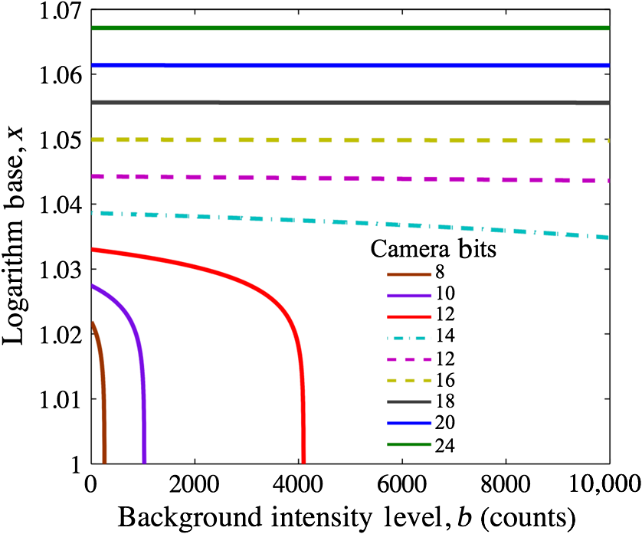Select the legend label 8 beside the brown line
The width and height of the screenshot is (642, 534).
441,272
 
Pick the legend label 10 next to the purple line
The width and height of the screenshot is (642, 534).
445,293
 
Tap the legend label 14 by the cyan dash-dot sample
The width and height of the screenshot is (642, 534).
445,336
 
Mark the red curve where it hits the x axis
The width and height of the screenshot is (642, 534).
303,460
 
